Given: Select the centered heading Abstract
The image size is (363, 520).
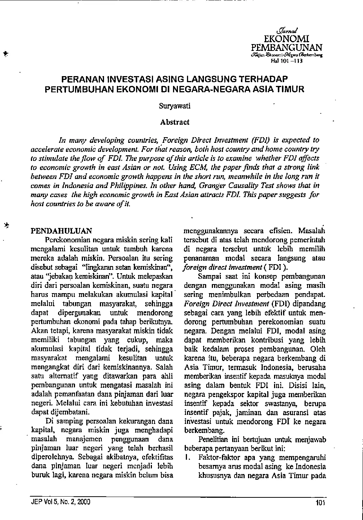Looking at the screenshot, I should click(x=175, y=122).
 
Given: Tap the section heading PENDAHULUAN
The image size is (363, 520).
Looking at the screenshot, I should click(x=61, y=231).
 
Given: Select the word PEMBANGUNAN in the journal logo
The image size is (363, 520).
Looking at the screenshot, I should click(x=286, y=47).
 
